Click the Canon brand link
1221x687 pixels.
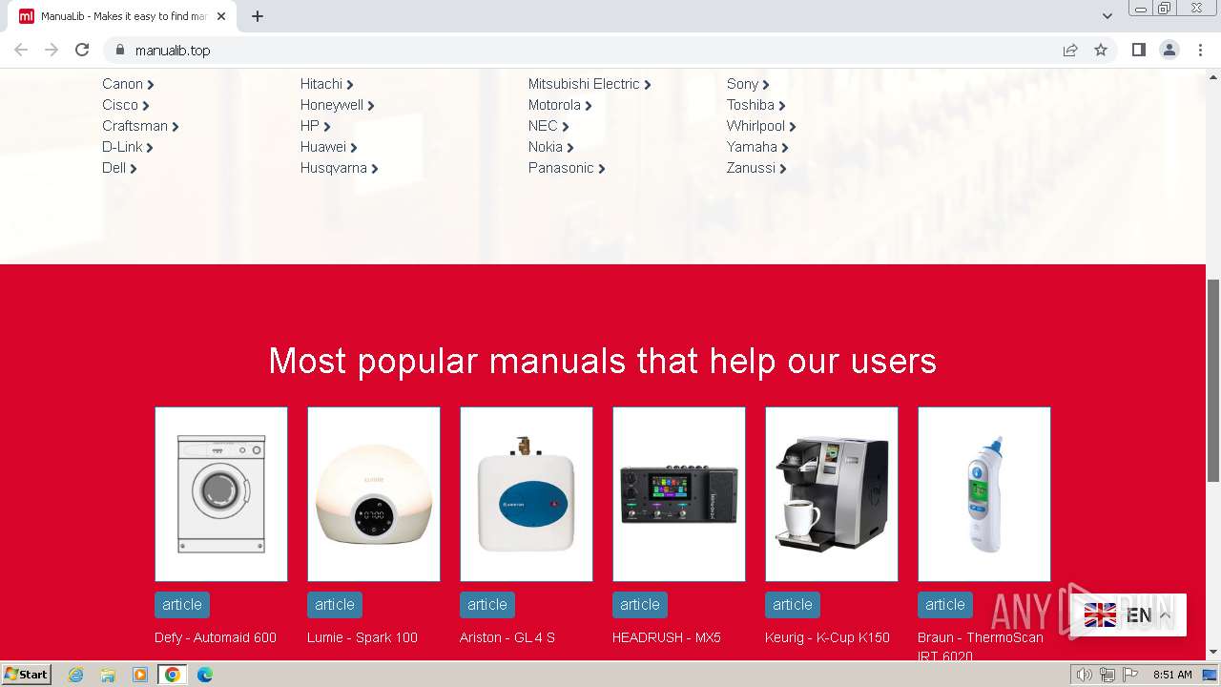click(123, 84)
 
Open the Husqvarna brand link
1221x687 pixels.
click(334, 168)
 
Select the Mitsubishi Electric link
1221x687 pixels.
click(584, 84)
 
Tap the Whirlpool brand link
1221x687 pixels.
click(755, 126)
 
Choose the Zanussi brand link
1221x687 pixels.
click(752, 168)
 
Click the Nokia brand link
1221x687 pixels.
click(546, 147)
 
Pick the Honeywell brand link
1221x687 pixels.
click(332, 105)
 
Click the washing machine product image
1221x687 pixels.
click(221, 493)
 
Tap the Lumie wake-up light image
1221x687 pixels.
click(374, 493)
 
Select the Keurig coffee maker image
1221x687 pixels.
click(832, 493)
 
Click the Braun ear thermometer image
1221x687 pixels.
click(984, 493)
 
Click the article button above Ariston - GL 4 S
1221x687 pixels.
click(487, 604)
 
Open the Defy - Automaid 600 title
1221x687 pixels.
click(216, 637)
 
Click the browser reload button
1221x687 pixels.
click(82, 50)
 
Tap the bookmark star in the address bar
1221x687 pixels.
click(1101, 50)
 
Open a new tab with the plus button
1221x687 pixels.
click(258, 16)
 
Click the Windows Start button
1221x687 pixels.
click(27, 675)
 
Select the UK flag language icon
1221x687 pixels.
click(1100, 615)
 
